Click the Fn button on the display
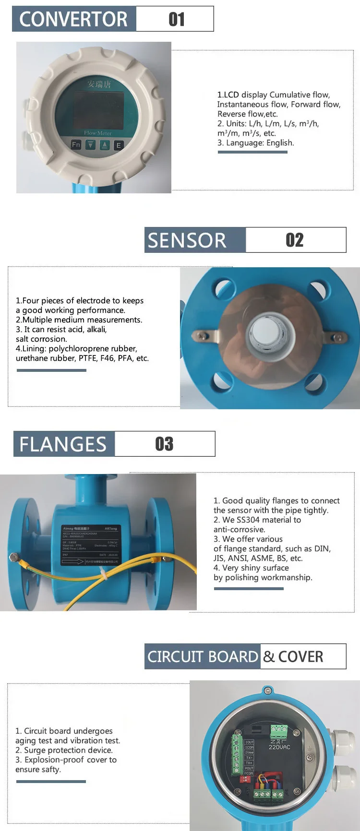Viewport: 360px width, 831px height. coord(76,144)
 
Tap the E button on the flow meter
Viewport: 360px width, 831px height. coord(119,145)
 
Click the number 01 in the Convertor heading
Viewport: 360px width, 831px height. coord(177,19)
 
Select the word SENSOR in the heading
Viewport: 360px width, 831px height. coord(187,240)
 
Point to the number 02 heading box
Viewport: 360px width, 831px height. coord(295,240)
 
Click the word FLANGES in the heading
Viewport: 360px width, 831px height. coord(63,444)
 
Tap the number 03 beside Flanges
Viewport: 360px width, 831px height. coord(164,444)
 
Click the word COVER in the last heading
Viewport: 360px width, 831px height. coord(301,656)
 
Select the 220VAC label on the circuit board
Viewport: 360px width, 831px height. coord(279,747)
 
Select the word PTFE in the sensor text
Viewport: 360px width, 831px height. coord(88,358)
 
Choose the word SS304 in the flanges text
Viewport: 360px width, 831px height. coord(248,520)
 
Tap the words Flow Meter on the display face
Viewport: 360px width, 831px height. coord(97,133)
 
